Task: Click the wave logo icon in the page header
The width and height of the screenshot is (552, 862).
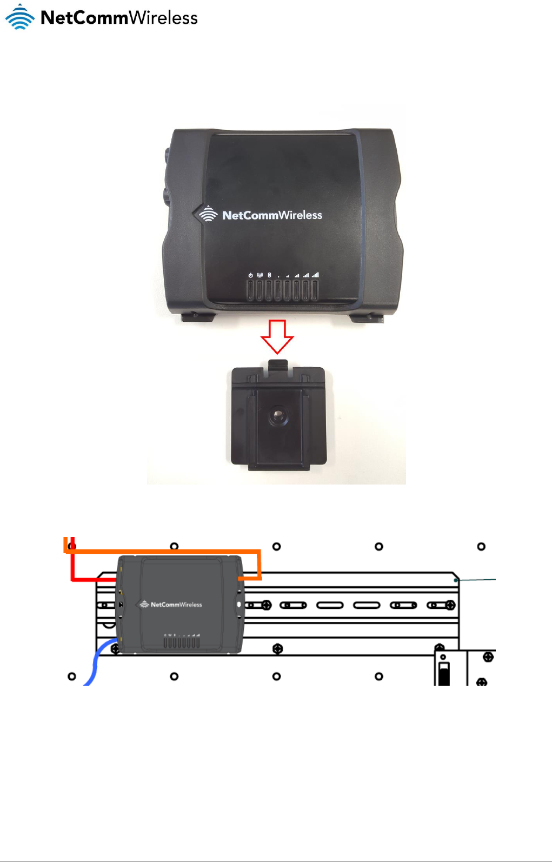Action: [20, 17]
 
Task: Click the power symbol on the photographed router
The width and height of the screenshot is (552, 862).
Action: [250, 275]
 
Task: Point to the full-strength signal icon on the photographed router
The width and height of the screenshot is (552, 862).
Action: [315, 275]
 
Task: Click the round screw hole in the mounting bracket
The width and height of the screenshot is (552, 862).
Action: [278, 416]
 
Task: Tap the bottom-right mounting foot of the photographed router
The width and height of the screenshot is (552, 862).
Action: [368, 317]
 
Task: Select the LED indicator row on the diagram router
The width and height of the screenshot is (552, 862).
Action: [182, 642]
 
